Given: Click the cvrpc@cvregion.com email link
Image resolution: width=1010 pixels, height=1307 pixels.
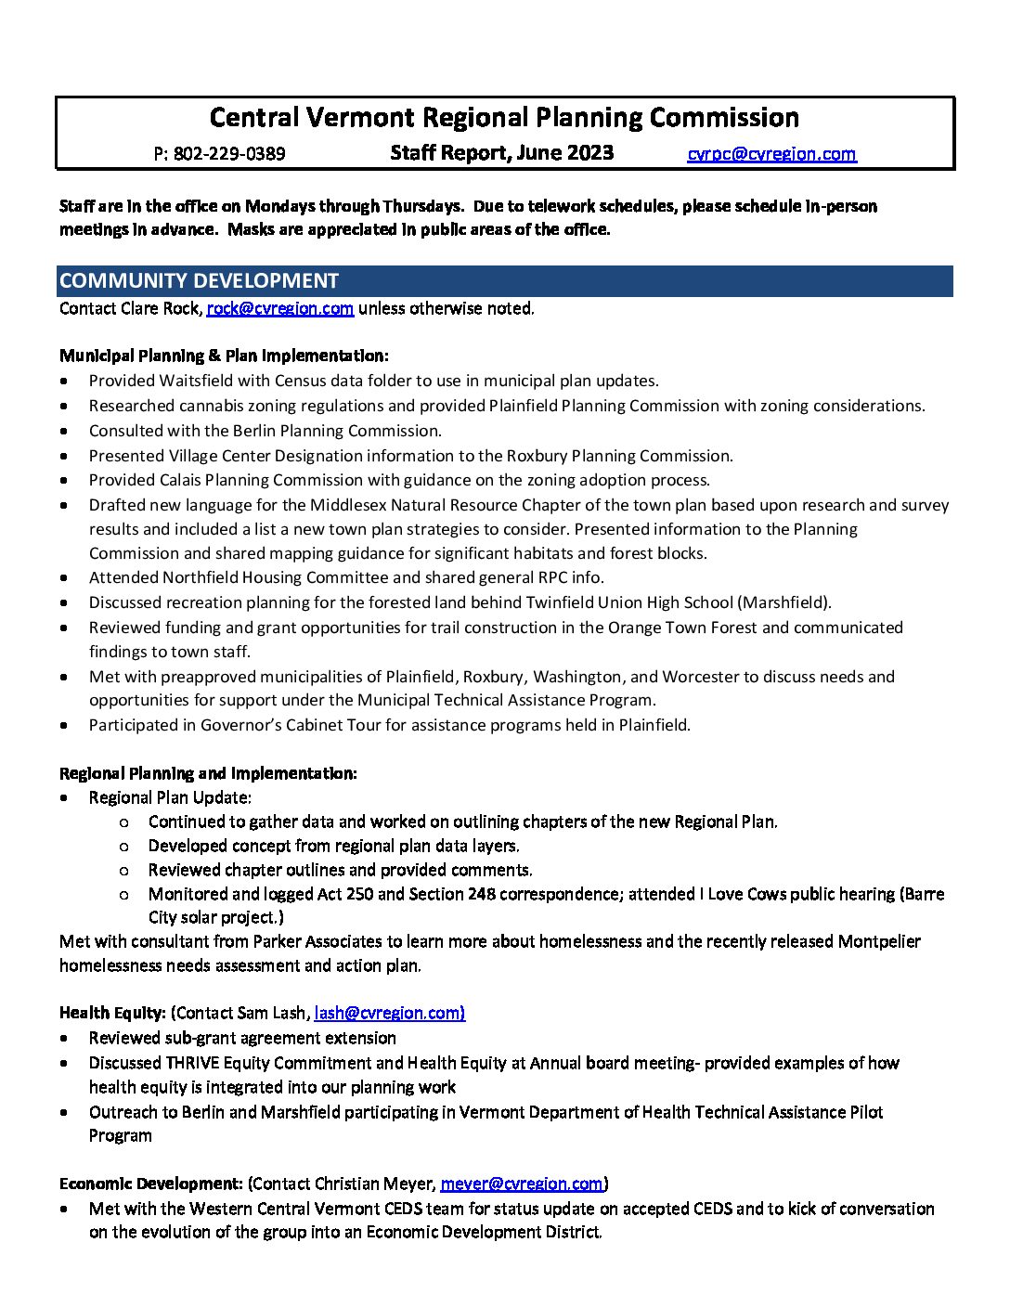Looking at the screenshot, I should click(771, 154).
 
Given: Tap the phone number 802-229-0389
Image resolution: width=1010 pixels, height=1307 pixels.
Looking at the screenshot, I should click(229, 154).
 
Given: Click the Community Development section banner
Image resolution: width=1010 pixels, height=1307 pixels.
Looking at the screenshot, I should click(505, 281).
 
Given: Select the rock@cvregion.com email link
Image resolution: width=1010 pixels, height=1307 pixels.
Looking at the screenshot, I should click(279, 308).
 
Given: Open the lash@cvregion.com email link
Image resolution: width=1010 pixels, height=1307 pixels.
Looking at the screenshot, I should click(389, 1013).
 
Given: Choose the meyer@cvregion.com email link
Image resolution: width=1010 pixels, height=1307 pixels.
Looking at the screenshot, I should click(521, 1184).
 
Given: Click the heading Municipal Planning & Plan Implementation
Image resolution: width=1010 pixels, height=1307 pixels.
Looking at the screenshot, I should click(224, 356).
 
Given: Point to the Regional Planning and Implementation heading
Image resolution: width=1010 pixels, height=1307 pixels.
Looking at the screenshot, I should click(208, 773).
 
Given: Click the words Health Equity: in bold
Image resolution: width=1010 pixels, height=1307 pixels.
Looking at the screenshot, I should click(112, 1013).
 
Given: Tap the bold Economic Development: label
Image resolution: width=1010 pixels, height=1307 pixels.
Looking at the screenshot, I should click(151, 1184).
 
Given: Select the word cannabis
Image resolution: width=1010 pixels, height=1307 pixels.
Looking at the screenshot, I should click(213, 406).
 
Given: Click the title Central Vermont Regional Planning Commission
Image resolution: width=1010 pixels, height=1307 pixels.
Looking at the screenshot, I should click(504, 118).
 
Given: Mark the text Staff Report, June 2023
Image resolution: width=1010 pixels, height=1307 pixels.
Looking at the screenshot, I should click(501, 153).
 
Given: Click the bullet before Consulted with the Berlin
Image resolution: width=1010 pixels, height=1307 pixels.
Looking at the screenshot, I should click(64, 431).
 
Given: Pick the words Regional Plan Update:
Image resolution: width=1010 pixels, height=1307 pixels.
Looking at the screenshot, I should click(170, 797).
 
